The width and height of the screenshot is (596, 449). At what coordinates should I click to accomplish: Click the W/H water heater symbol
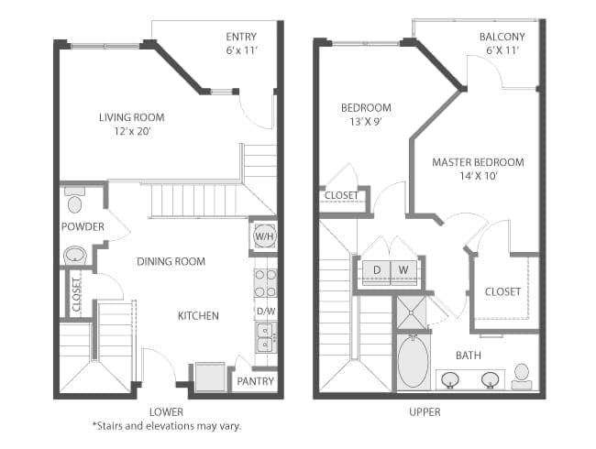(263, 236)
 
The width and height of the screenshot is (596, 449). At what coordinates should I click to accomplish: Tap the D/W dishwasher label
(265, 311)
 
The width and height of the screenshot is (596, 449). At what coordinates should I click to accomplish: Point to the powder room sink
(74, 254)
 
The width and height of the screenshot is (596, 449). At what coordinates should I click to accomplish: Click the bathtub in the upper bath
(413, 364)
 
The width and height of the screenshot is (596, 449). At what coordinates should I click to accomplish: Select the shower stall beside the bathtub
(411, 313)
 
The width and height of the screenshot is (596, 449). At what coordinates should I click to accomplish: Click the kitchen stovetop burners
(265, 282)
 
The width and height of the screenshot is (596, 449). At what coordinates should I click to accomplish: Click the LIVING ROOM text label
(131, 116)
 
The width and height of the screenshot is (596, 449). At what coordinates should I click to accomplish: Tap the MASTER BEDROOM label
(478, 162)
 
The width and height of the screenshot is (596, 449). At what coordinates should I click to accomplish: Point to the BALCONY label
(502, 38)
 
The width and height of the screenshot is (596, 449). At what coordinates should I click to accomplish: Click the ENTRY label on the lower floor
(241, 37)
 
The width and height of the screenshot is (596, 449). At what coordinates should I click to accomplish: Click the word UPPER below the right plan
(424, 411)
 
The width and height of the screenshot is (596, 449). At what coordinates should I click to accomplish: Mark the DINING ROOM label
(171, 261)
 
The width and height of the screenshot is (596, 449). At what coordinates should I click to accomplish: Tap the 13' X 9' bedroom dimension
(366, 121)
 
